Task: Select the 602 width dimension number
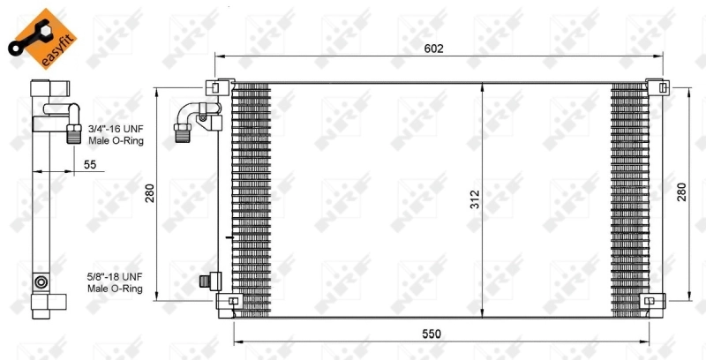[x=432, y=49]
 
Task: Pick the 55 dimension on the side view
[x=90, y=164]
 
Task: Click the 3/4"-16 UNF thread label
[x=116, y=129]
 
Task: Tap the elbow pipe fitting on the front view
[x=192, y=118]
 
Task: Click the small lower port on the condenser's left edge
[x=210, y=281]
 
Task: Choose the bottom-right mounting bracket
[x=653, y=302]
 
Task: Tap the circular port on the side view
[x=41, y=282]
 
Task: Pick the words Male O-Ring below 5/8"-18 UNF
[x=115, y=288]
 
